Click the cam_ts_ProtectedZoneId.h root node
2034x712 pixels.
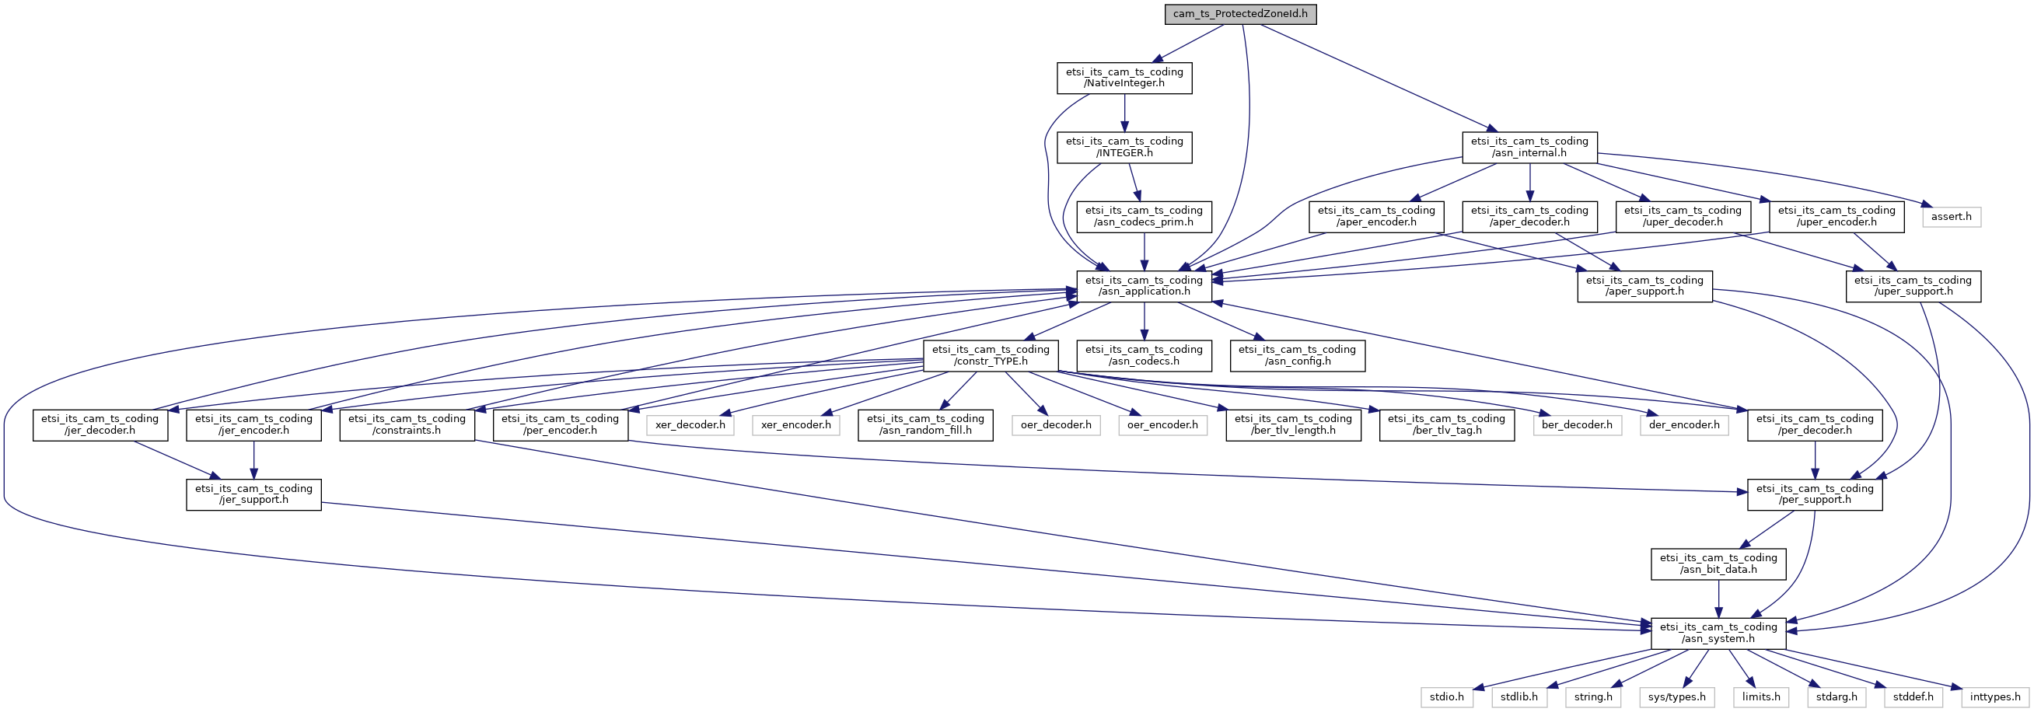click(x=1239, y=13)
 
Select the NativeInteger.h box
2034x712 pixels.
click(x=1124, y=78)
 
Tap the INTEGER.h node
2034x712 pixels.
click(x=1124, y=147)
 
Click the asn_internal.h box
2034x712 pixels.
click(x=1529, y=147)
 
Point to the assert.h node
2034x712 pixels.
click(x=1951, y=216)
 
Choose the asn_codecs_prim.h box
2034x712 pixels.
click(x=1145, y=216)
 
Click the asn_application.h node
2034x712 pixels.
click(x=1145, y=286)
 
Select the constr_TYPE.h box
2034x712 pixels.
click(x=991, y=355)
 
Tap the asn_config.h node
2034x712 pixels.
click(x=1296, y=355)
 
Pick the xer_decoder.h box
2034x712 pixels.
click(x=690, y=424)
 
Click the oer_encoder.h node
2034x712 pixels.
click(x=1162, y=424)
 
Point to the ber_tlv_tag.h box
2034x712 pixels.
click(x=1446, y=424)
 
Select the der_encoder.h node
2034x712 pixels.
click(x=1684, y=424)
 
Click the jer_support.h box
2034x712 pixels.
click(x=253, y=494)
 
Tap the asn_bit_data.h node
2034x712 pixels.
click(x=1718, y=564)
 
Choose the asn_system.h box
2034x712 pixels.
click(x=1718, y=633)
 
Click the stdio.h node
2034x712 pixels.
click(x=1446, y=697)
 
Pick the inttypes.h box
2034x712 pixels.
click(x=1994, y=697)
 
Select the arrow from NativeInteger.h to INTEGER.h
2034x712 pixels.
click(x=1124, y=112)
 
